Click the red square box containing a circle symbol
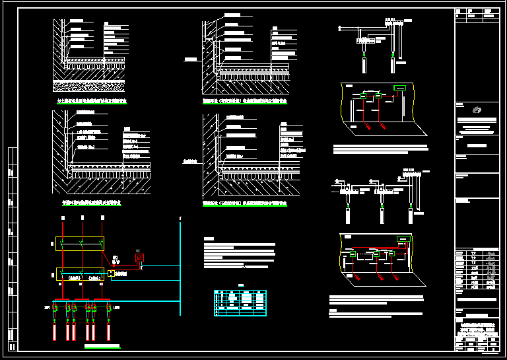[139, 258]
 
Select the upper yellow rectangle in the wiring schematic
[79, 244]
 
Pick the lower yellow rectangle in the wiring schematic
[79, 273]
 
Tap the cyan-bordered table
[240, 303]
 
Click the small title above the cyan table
[240, 286]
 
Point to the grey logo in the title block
[476, 110]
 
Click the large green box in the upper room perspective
[399, 88]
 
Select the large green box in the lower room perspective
[401, 238]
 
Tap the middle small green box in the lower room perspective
[376, 253]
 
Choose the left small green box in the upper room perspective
[362, 96]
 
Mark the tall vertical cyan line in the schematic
[180, 264]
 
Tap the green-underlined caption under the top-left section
[92, 102]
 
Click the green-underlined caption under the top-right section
[245, 102]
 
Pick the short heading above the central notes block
[209, 238]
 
